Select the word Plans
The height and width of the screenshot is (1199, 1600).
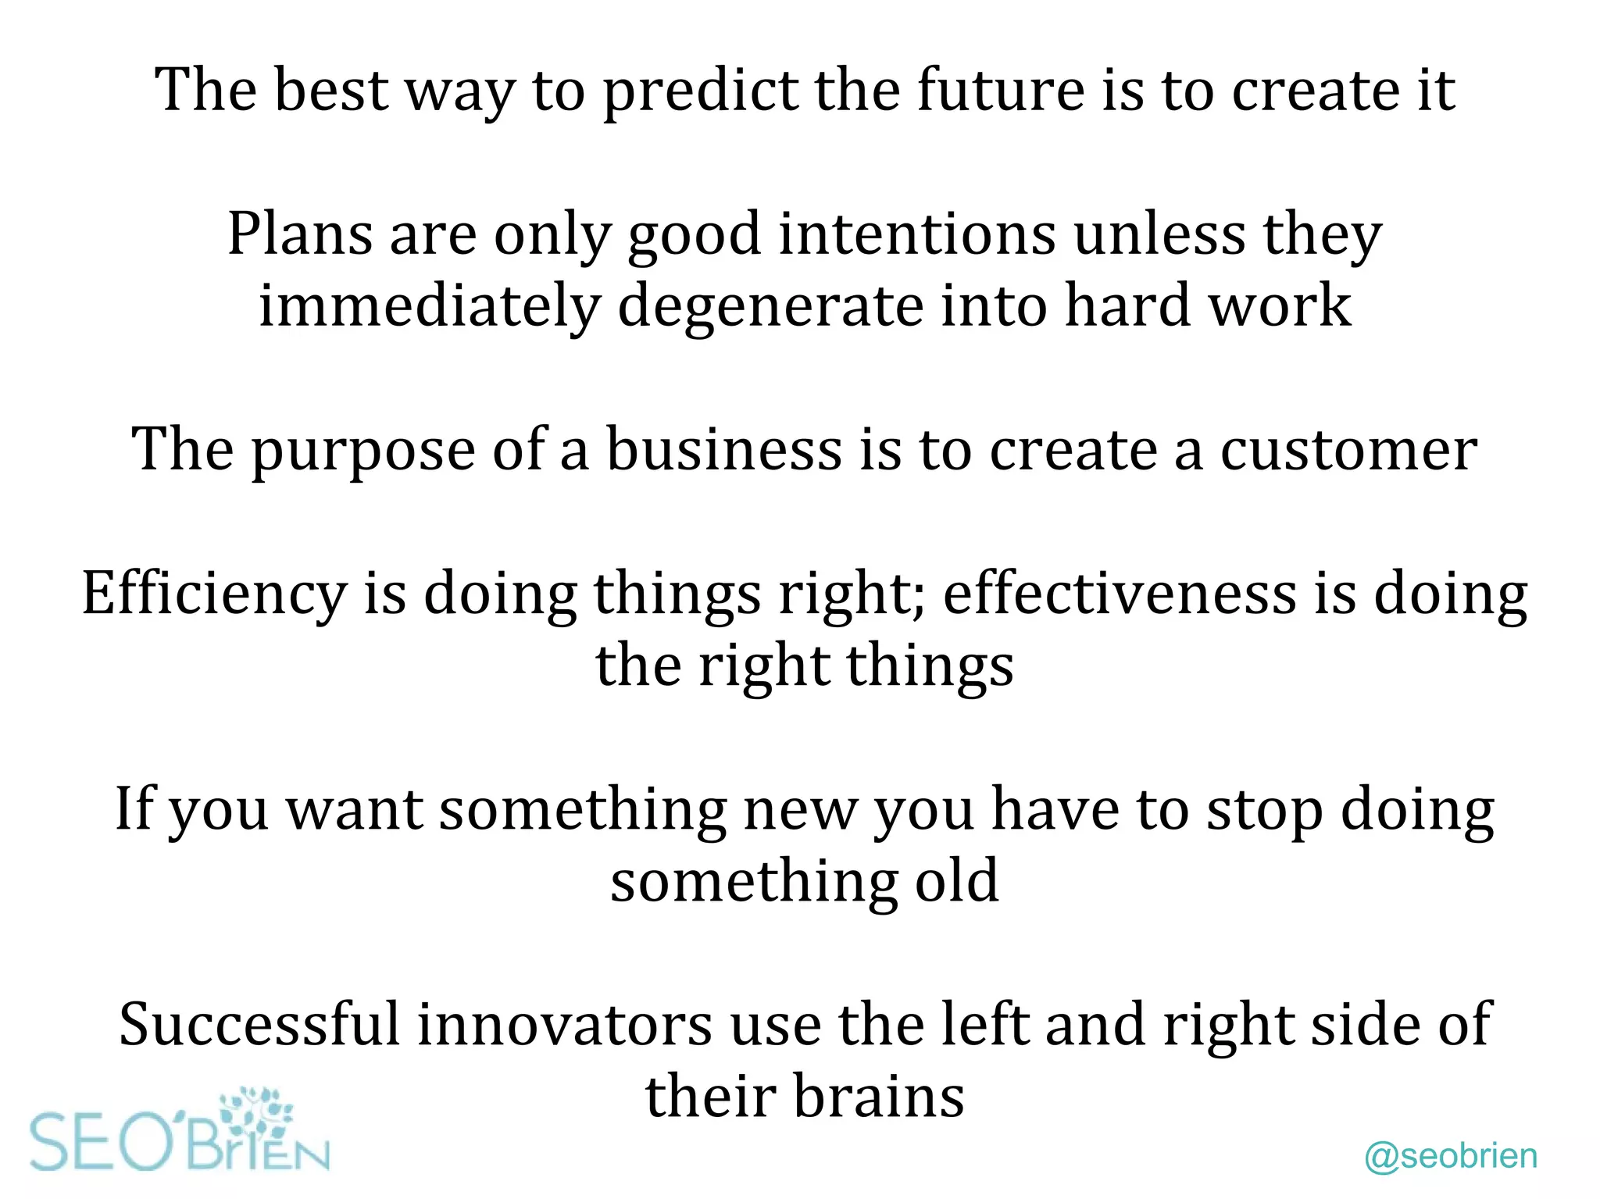pos(299,234)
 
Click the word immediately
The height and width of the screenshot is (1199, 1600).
pos(429,307)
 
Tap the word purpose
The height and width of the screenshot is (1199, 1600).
pos(362,451)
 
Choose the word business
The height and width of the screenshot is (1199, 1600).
pos(724,450)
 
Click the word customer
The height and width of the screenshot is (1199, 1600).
pos(1348,451)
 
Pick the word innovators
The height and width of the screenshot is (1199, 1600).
pos(564,1025)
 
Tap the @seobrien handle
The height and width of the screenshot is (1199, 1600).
pos(1451,1156)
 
